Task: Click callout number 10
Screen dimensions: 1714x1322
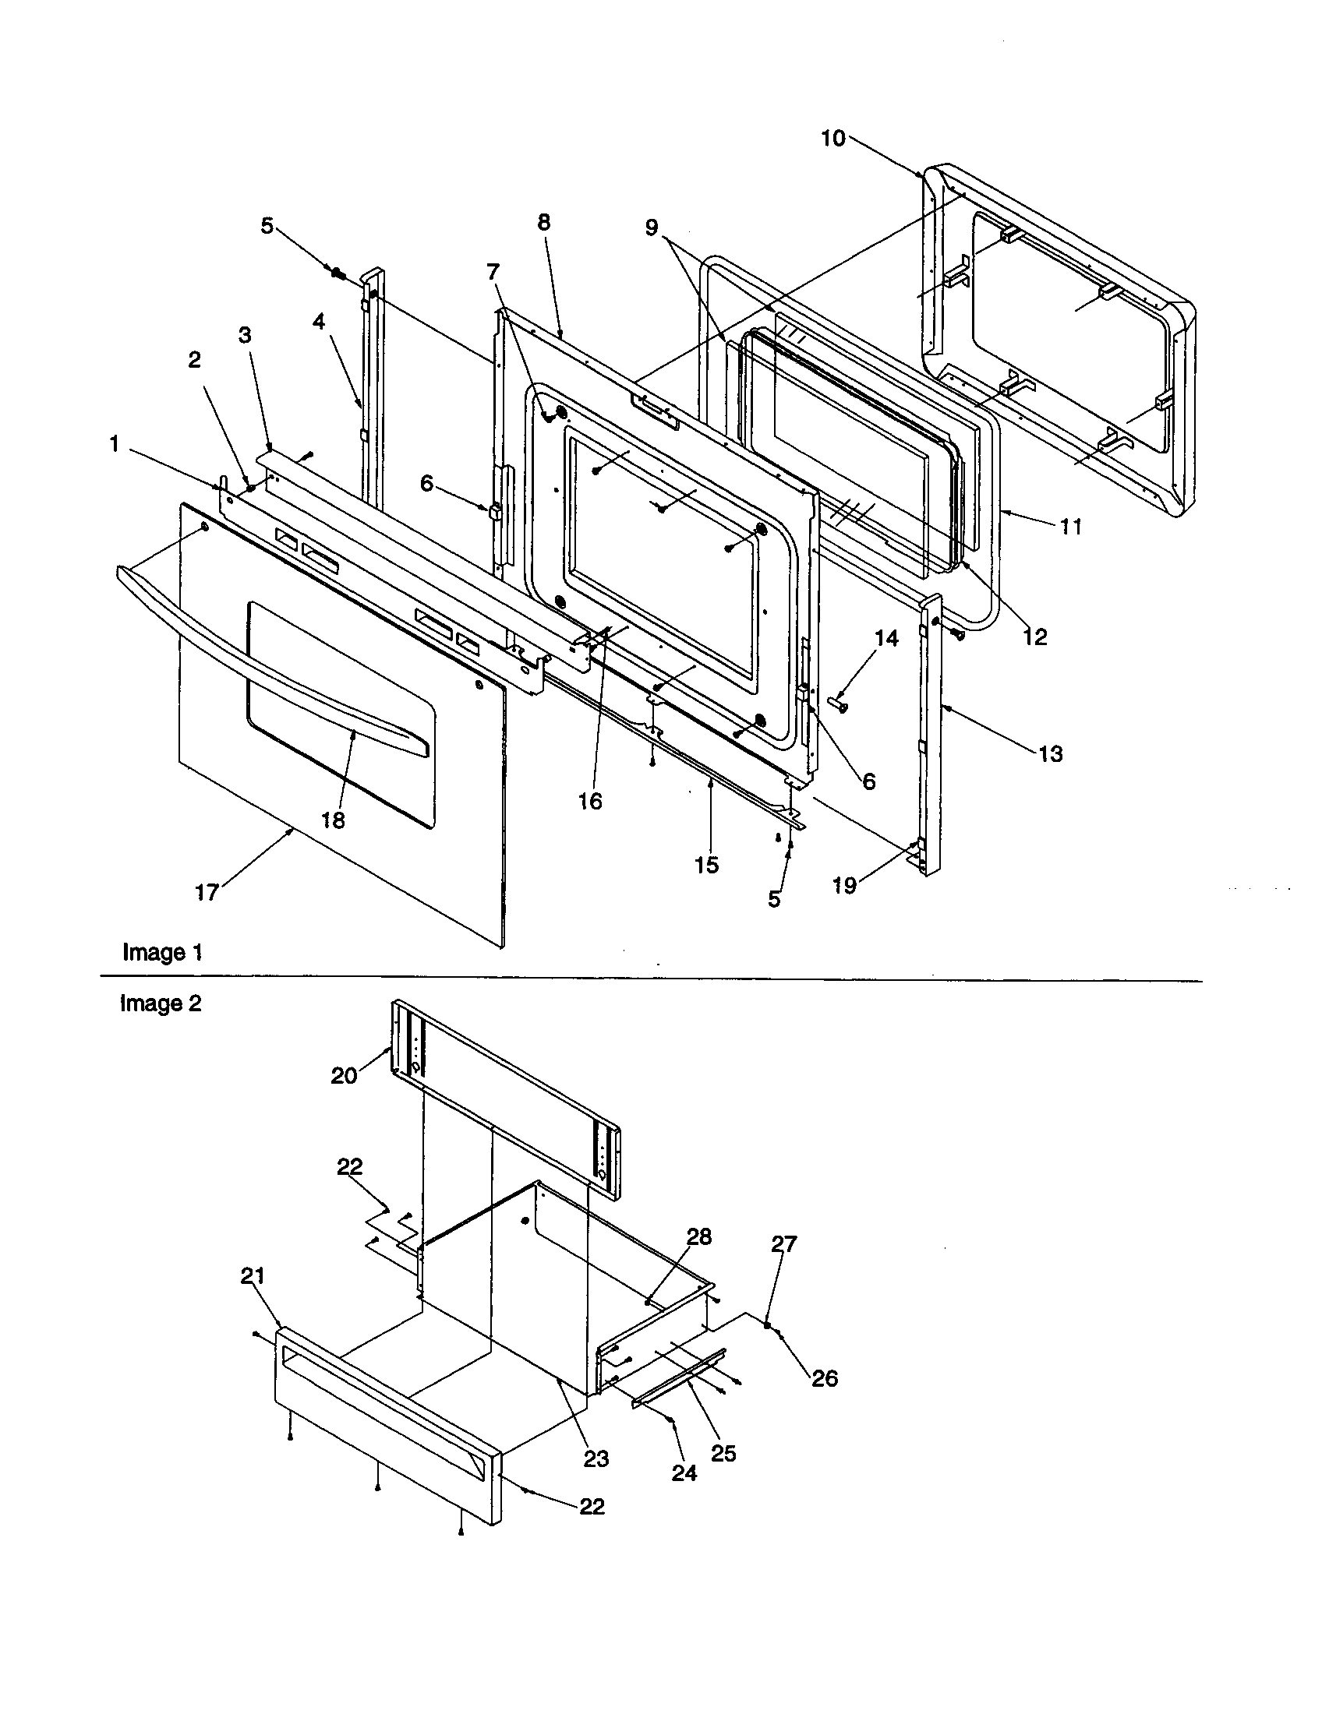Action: [x=832, y=139]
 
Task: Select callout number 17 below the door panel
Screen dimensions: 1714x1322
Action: [x=207, y=892]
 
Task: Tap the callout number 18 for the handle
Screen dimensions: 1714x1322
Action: [x=332, y=820]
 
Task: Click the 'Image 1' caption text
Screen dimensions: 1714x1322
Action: [x=162, y=953]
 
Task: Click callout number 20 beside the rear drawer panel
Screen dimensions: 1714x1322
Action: [x=344, y=1075]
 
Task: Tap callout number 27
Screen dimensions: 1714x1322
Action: [x=783, y=1244]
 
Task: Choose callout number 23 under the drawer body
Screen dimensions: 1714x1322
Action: [x=596, y=1458]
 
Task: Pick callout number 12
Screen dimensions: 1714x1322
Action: [x=1034, y=637]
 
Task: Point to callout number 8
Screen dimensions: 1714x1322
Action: [x=544, y=222]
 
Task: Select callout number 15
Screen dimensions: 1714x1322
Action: [x=705, y=865]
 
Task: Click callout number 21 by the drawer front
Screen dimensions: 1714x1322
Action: [x=252, y=1277]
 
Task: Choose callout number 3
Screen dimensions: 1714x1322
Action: [x=245, y=335]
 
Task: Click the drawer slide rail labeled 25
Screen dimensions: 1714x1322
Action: [x=680, y=1378]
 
